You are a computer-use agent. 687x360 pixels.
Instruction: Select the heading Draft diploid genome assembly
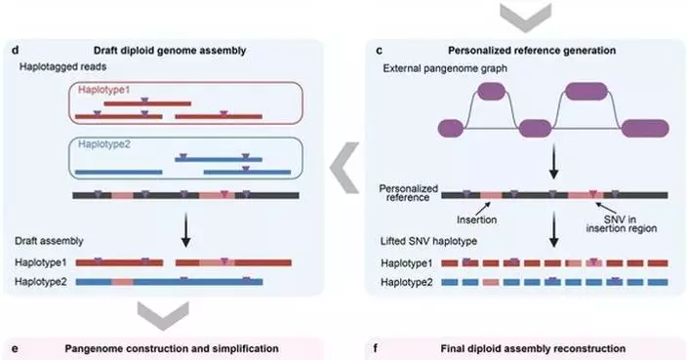pyautogui.click(x=183, y=50)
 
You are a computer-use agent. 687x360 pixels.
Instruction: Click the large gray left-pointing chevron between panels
pyautogui.click(x=343, y=167)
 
